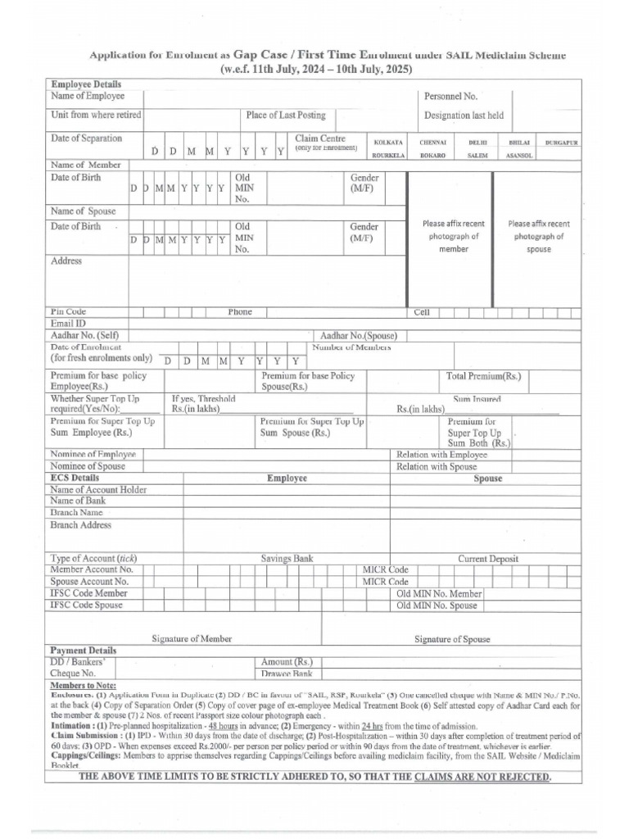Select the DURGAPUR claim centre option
click(x=562, y=142)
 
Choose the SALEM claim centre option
click(x=477, y=155)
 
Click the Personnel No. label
click(x=450, y=97)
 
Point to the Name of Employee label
click(x=88, y=97)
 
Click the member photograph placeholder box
click(x=453, y=236)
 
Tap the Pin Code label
click(x=68, y=312)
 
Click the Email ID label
click(x=68, y=324)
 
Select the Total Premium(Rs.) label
click(x=483, y=376)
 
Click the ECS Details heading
click(x=75, y=478)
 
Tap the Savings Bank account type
click(x=287, y=558)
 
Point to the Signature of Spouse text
click(x=452, y=639)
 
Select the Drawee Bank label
click(x=287, y=673)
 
